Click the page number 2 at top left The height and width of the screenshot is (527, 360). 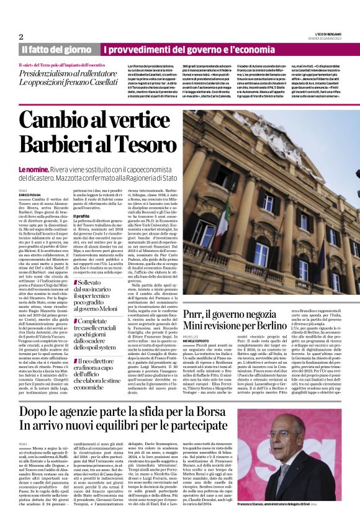click(x=21, y=36)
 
